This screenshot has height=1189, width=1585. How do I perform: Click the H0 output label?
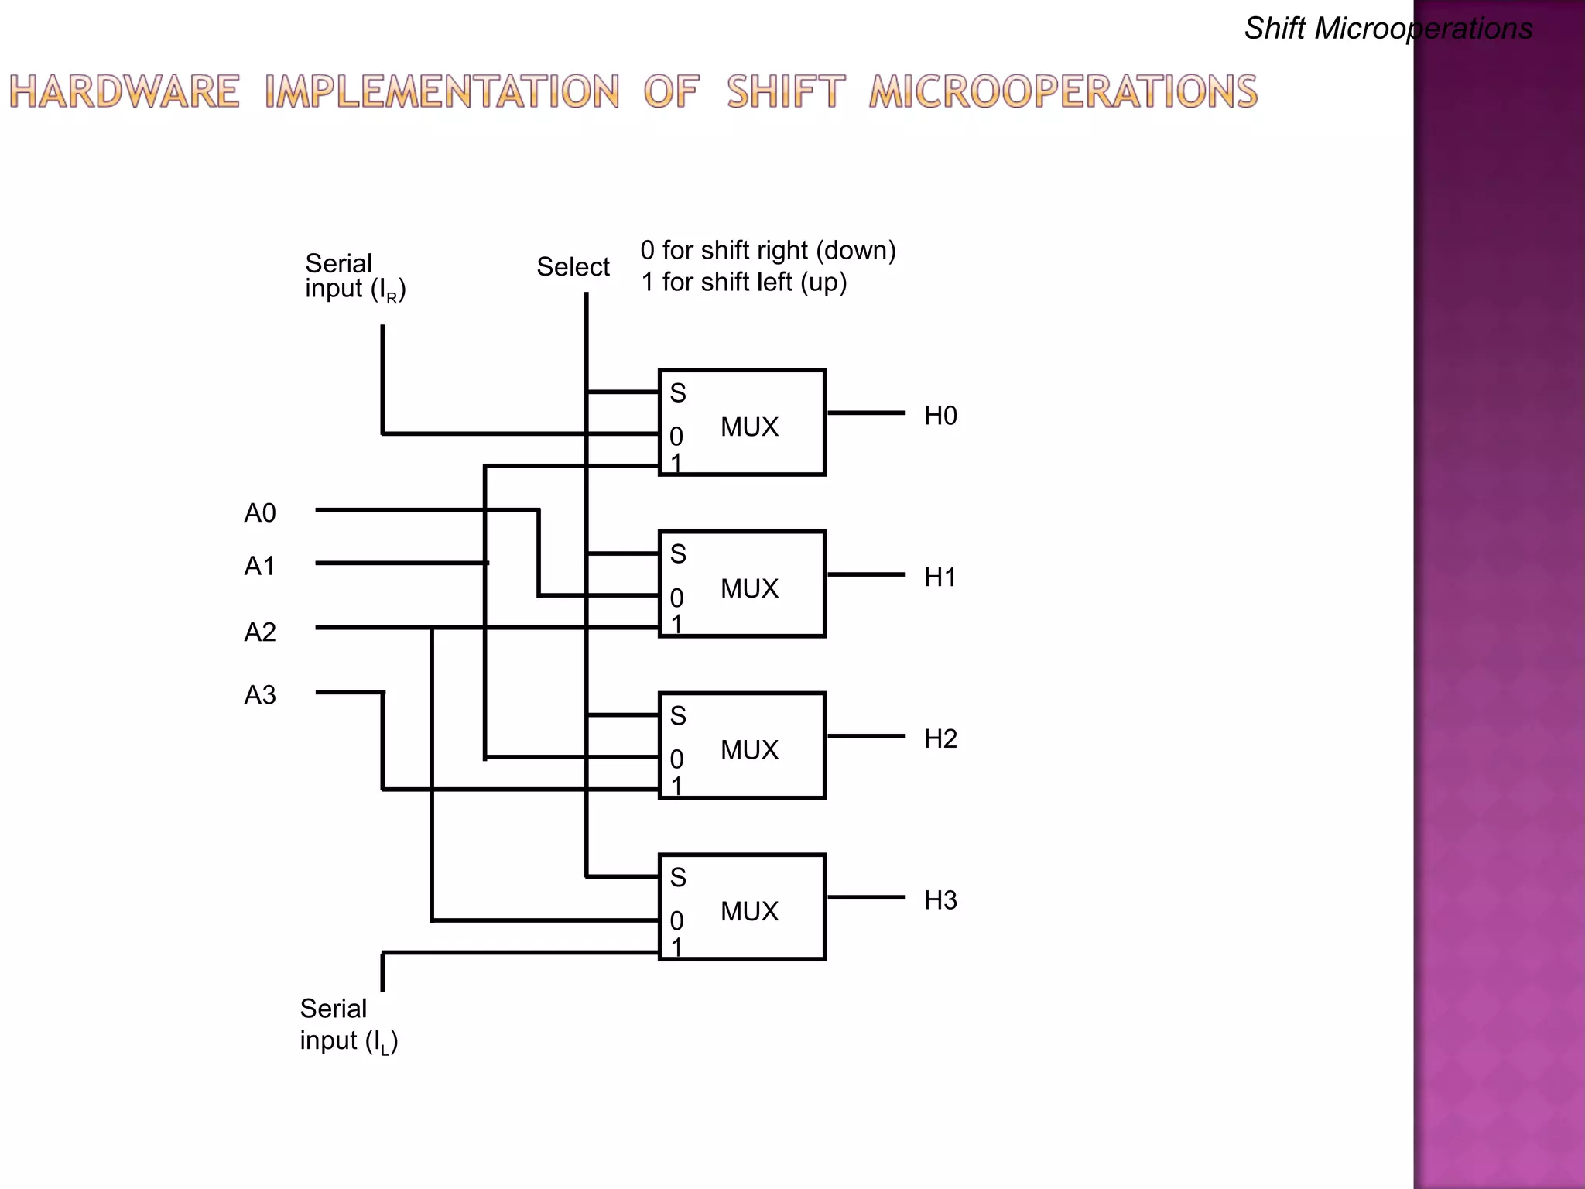click(x=940, y=416)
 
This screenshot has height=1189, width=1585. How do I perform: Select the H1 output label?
click(x=940, y=577)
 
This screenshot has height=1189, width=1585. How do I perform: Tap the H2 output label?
click(x=940, y=738)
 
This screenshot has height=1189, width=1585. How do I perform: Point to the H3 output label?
click(x=940, y=900)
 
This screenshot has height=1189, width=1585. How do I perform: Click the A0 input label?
click(x=260, y=513)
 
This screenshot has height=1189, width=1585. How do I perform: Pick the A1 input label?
click(x=260, y=567)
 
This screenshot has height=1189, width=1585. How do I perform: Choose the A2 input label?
click(x=260, y=632)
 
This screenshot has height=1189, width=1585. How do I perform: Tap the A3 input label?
click(x=260, y=695)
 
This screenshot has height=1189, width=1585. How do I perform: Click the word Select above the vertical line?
click(x=573, y=267)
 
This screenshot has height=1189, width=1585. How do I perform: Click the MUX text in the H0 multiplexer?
click(x=749, y=427)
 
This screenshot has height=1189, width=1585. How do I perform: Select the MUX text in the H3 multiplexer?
click(x=749, y=911)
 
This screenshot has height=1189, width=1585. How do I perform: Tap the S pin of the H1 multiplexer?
click(x=678, y=554)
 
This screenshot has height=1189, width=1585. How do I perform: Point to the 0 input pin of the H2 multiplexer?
click(x=676, y=759)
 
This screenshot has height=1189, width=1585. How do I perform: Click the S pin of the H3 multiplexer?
click(x=678, y=878)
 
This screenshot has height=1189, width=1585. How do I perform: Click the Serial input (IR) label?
click(x=354, y=276)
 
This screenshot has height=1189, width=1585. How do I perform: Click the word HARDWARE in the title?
click(x=125, y=91)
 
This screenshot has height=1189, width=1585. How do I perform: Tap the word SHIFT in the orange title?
click(x=786, y=91)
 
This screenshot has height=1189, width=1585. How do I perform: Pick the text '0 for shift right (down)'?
click(x=768, y=250)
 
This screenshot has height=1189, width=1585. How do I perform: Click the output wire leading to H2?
click(x=866, y=736)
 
